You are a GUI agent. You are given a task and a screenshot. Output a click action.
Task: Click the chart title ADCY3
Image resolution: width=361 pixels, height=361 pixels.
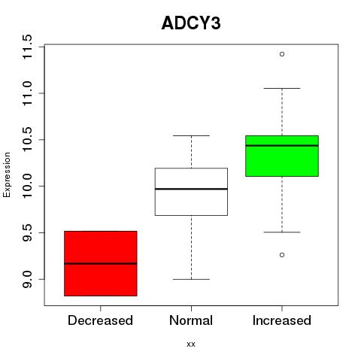click(x=191, y=23)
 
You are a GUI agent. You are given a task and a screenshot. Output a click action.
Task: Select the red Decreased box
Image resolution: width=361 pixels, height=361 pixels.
click(x=101, y=263)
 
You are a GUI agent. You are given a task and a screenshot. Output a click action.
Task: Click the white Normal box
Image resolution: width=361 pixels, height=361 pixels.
click(x=191, y=192)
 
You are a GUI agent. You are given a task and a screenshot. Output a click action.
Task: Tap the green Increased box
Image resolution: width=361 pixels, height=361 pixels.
click(x=282, y=156)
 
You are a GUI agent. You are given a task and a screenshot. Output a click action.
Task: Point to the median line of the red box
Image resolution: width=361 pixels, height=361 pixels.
click(x=101, y=263)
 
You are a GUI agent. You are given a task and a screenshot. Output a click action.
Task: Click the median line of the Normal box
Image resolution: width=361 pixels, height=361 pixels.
click(x=191, y=189)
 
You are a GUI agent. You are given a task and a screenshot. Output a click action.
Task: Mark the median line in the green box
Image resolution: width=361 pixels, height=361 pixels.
click(x=282, y=145)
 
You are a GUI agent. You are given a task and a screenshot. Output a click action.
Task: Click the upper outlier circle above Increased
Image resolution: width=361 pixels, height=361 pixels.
click(x=282, y=54)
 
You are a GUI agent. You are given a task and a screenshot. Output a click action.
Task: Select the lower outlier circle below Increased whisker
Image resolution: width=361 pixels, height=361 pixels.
click(x=282, y=255)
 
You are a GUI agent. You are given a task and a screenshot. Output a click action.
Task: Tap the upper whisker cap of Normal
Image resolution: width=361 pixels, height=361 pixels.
click(x=191, y=135)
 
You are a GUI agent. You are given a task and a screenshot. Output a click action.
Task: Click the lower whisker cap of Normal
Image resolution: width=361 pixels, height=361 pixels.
click(x=191, y=279)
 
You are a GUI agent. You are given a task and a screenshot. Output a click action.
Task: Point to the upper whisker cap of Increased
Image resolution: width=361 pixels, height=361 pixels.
click(x=282, y=88)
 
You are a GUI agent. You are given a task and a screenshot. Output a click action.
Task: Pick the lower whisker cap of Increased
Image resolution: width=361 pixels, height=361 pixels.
click(x=282, y=232)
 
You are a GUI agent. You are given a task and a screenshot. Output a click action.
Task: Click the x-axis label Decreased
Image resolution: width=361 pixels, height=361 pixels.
click(x=100, y=320)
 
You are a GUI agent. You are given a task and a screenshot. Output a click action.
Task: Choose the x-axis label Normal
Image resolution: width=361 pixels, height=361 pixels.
click(x=191, y=320)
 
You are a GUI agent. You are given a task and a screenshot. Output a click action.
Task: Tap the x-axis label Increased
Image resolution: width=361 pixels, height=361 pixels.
click(x=282, y=320)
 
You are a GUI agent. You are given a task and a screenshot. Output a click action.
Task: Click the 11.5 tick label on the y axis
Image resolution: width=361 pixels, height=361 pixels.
click(x=27, y=47)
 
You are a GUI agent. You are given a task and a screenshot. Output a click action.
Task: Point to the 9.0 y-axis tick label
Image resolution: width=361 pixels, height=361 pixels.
click(x=27, y=279)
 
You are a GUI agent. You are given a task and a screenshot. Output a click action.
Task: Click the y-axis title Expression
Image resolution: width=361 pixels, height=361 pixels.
click(x=7, y=174)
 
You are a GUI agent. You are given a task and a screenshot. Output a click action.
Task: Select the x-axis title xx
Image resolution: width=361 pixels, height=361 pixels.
click(x=191, y=344)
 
